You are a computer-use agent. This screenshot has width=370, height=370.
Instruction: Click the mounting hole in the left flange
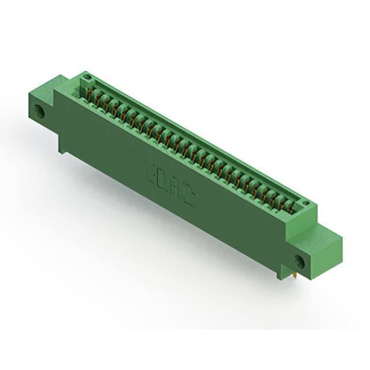click(x=41, y=110)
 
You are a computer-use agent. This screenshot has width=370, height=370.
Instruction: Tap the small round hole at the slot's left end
click(x=87, y=76)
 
